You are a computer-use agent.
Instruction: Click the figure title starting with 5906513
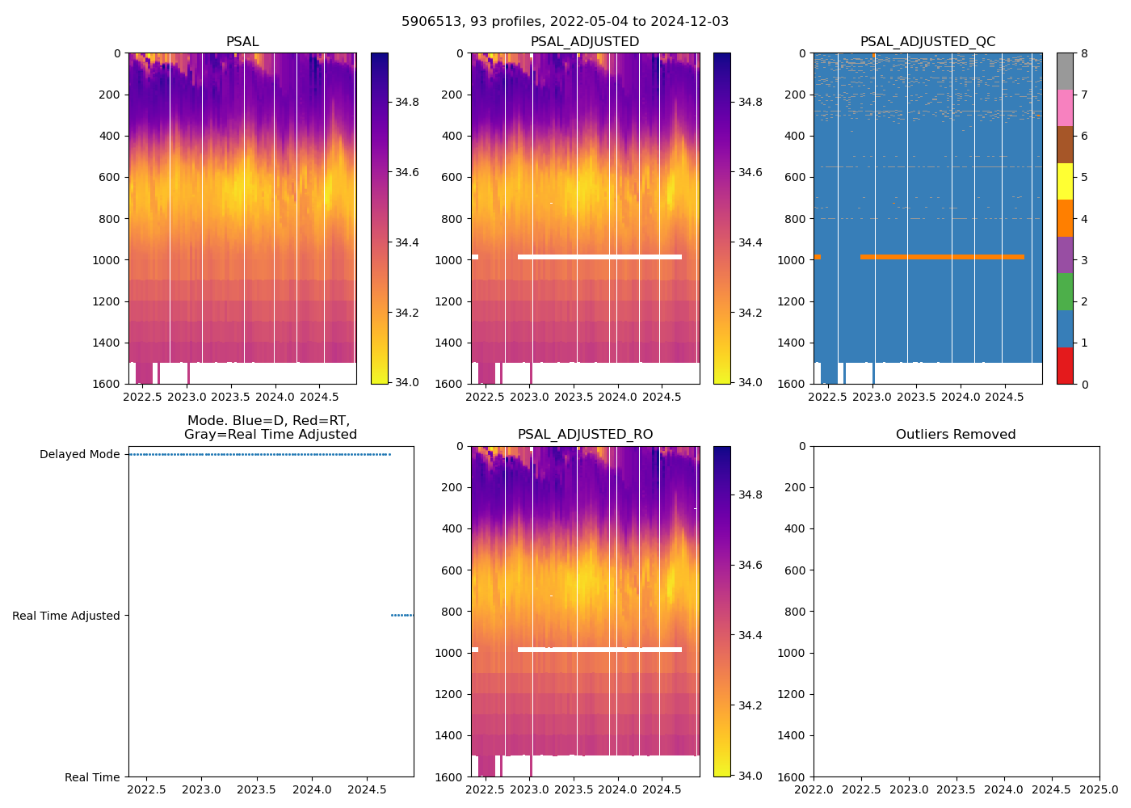565,22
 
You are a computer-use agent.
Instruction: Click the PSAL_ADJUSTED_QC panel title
927,42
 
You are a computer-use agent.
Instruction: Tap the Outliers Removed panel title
956,435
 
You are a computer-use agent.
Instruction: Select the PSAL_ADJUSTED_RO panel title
585,435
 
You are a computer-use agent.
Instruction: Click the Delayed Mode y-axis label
79,454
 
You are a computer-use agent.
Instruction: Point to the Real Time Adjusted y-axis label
65,616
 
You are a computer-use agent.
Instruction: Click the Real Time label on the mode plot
92,777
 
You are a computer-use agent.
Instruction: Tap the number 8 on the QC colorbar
1084,53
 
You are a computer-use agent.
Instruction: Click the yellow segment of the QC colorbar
1066,181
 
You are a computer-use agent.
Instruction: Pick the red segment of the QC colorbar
1066,365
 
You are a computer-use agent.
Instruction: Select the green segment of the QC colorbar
1066,292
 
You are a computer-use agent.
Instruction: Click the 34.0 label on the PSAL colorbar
406,382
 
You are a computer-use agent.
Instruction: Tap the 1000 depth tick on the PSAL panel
107,260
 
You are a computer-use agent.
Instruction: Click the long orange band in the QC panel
942,257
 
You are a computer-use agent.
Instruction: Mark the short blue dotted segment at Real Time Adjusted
402,616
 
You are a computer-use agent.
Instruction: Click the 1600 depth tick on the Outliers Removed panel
792,777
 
